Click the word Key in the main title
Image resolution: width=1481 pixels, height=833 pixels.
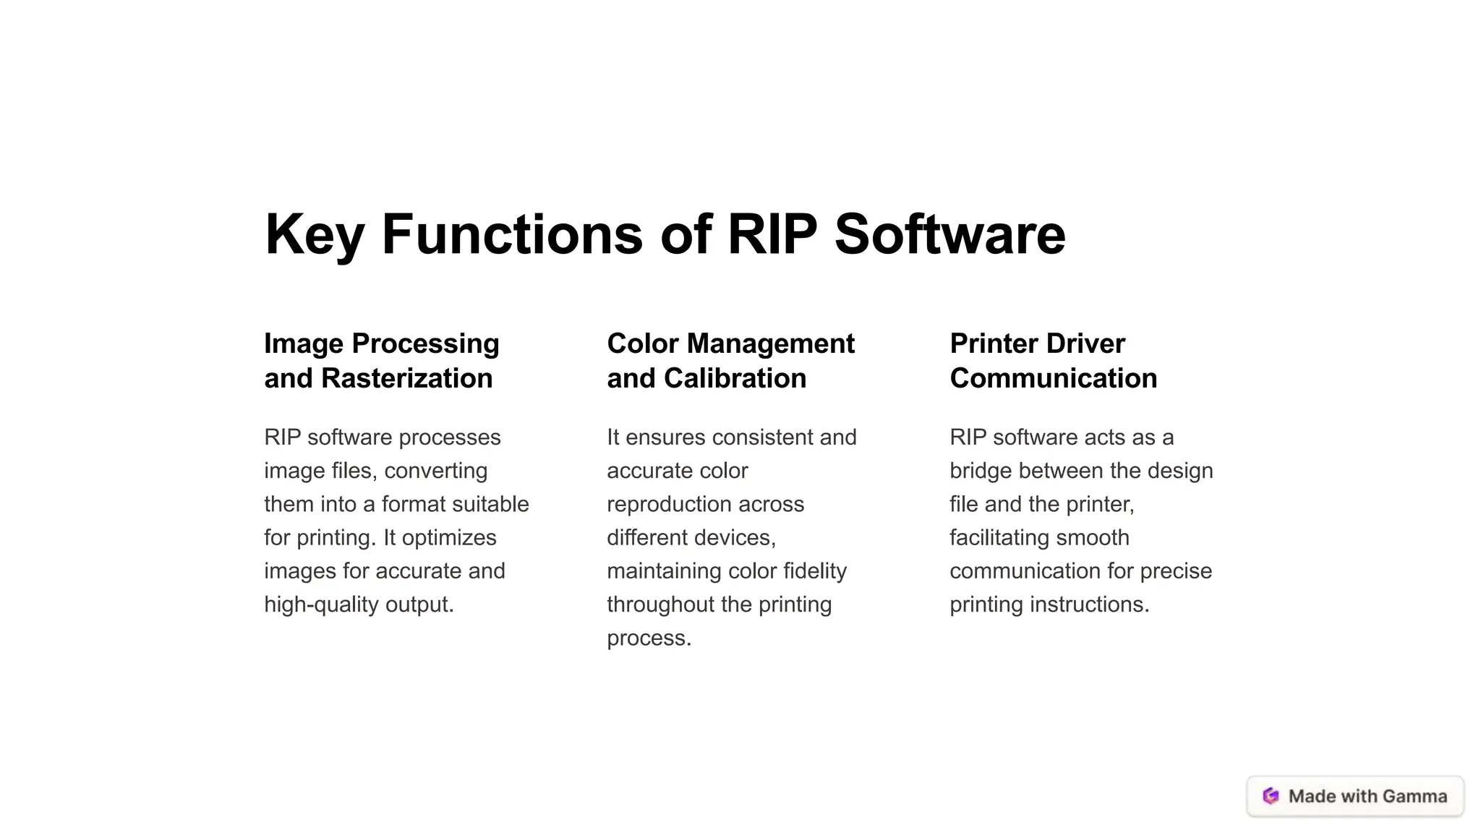click(x=315, y=235)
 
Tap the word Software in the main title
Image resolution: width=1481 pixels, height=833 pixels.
click(x=949, y=235)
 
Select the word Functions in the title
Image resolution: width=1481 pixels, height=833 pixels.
click(x=511, y=235)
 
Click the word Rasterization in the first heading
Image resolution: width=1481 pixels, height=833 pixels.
click(x=406, y=378)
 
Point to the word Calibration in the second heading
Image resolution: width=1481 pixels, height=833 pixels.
click(x=735, y=378)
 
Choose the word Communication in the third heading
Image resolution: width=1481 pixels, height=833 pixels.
click(x=1053, y=378)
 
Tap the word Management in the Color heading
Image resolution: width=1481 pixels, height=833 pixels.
click(x=771, y=343)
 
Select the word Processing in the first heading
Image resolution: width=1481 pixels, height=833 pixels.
click(x=425, y=343)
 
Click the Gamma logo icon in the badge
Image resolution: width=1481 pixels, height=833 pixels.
click(x=1271, y=796)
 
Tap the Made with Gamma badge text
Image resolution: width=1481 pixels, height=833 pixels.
click(x=1367, y=796)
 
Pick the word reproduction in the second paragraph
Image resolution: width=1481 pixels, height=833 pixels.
click(x=705, y=505)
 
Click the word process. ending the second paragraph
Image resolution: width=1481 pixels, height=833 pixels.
click(x=649, y=638)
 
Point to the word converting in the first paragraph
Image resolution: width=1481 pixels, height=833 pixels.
click(x=436, y=471)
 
